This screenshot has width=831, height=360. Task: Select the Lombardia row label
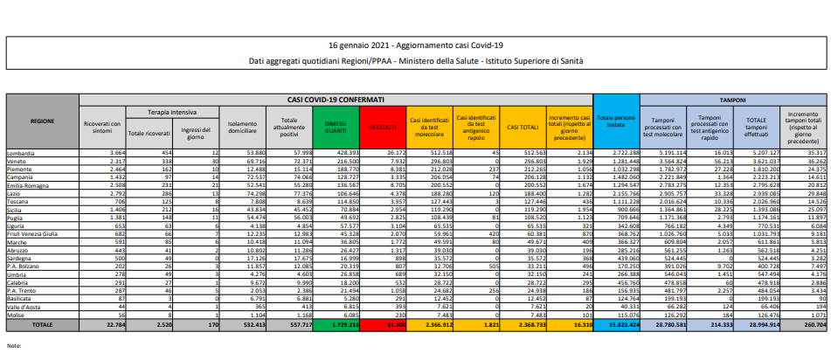[x=22, y=153]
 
